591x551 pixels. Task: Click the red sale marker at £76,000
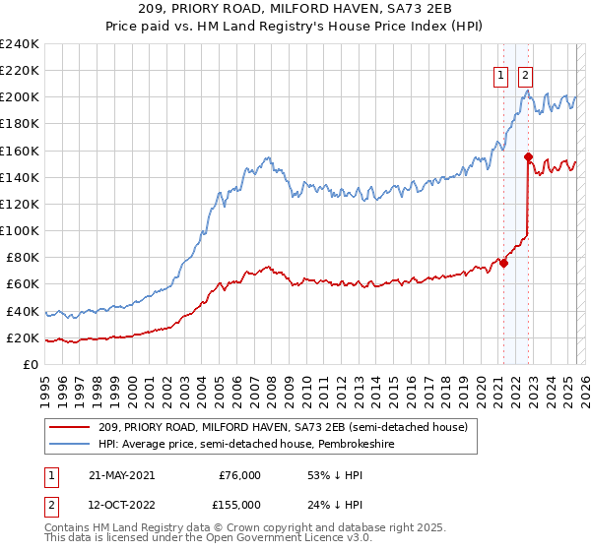coord(503,263)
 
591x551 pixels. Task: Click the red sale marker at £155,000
coord(528,156)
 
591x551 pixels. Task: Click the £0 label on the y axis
coord(30,364)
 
